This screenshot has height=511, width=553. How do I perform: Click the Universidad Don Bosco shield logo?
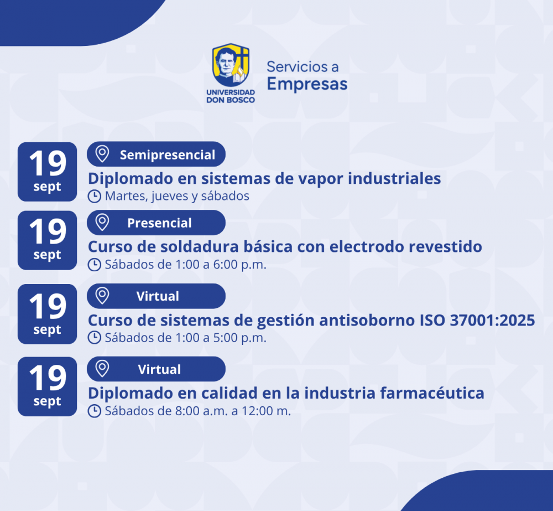pyautogui.click(x=231, y=65)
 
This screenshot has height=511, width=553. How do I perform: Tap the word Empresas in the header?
pyautogui.click(x=307, y=84)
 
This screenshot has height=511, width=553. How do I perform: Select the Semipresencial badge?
pyautogui.click(x=156, y=154)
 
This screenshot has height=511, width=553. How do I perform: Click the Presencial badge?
pyautogui.click(x=156, y=223)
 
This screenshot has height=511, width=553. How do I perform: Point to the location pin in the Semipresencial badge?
pyautogui.click(x=102, y=153)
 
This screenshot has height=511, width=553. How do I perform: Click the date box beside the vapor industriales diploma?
pyautogui.click(x=47, y=172)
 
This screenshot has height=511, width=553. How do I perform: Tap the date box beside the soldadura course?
pyautogui.click(x=47, y=240)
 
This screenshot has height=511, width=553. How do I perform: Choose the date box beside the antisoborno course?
pyautogui.click(x=47, y=314)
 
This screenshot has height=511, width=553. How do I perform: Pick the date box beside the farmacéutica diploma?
pyautogui.click(x=47, y=386)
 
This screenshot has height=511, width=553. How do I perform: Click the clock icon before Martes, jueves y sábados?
pyautogui.click(x=95, y=197)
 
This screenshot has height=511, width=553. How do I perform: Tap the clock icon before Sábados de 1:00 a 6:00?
pyautogui.click(x=95, y=265)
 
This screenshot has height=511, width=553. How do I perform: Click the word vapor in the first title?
pyautogui.click(x=321, y=179)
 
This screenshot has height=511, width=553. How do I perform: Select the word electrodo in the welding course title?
pyautogui.click(x=366, y=246)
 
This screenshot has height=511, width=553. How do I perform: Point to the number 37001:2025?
pyautogui.click(x=492, y=321)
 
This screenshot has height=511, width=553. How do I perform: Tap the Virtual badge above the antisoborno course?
pyautogui.click(x=156, y=296)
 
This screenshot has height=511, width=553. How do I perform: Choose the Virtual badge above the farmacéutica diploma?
pyautogui.click(x=156, y=369)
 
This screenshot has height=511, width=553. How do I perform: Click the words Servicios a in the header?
pyautogui.click(x=302, y=67)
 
